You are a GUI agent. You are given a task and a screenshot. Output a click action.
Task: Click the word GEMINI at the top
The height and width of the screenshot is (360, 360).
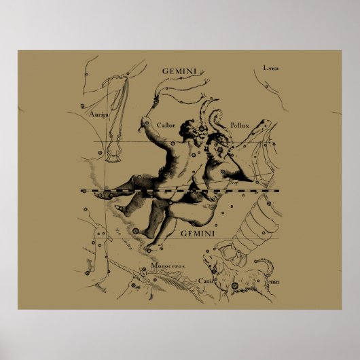point(180,70)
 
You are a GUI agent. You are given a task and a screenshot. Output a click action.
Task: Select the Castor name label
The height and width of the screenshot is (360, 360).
point(166,124)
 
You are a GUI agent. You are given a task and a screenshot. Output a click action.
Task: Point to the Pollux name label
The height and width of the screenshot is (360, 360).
point(240,124)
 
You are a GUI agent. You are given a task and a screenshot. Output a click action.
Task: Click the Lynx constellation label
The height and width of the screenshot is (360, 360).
point(270,68)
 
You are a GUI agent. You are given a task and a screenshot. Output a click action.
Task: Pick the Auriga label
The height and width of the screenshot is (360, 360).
point(99,114)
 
